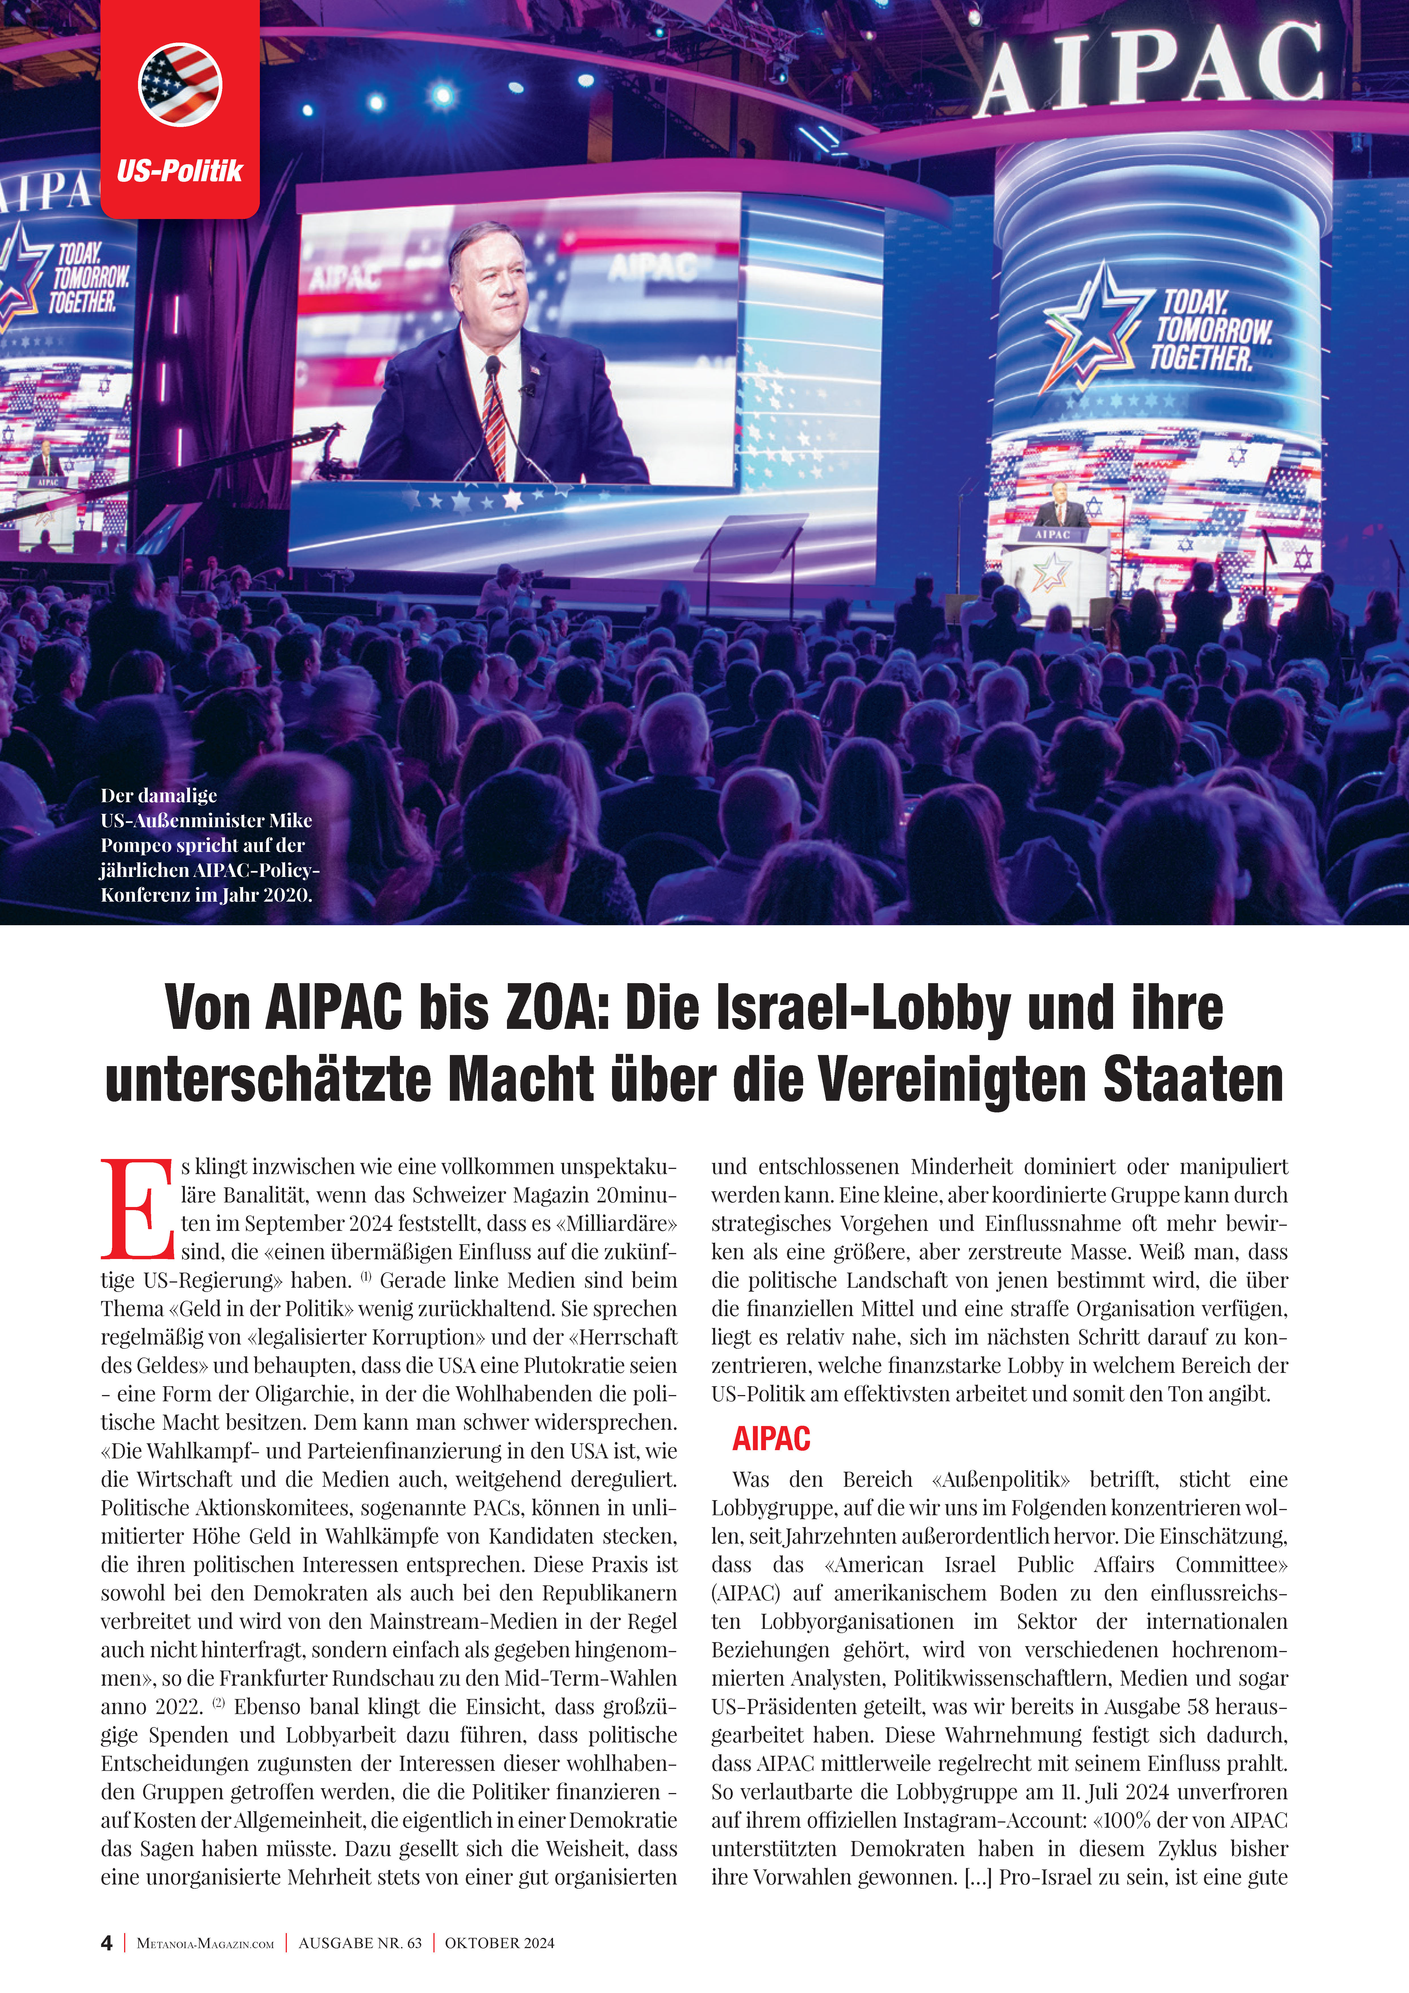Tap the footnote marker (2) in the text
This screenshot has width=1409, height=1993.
coord(218,1703)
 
